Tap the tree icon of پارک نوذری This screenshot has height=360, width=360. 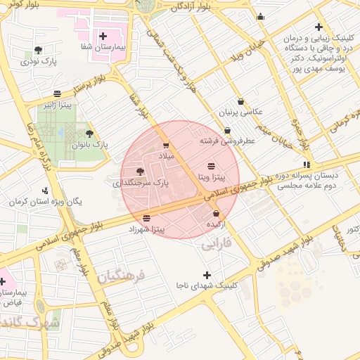[x=38, y=50]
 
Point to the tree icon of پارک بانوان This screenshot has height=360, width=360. [x=89, y=133]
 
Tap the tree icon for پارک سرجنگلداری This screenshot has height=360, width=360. [x=139, y=171]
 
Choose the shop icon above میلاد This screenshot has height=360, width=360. [x=166, y=146]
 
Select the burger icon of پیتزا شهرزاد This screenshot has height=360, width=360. [x=146, y=218]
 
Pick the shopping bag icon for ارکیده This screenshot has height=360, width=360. [x=216, y=213]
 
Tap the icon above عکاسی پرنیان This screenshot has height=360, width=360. [x=241, y=101]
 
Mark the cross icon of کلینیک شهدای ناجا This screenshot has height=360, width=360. [x=206, y=275]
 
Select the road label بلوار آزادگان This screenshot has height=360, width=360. [x=191, y=7]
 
